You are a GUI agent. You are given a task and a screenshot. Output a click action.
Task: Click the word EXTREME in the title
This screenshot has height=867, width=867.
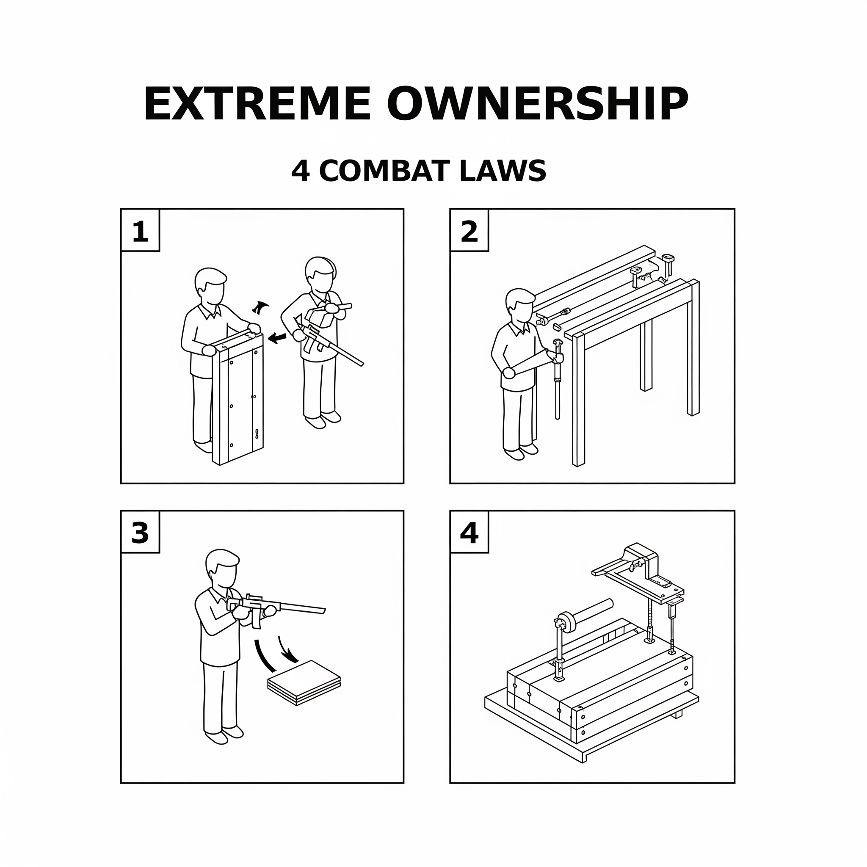(257, 104)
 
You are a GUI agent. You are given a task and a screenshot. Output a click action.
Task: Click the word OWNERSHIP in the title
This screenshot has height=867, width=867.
(537, 104)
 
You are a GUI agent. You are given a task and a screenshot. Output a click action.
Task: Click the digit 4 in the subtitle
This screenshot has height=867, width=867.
(301, 171)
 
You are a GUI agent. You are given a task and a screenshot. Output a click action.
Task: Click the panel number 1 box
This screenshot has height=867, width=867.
(141, 230)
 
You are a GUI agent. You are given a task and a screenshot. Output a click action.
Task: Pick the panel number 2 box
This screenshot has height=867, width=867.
(469, 230)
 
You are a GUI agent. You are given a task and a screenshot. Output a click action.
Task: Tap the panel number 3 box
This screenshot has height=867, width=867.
(141, 532)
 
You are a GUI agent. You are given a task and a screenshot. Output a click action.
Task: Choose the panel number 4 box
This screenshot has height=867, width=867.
(469, 532)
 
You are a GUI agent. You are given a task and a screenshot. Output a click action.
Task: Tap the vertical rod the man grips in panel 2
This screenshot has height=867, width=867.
(558, 380)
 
